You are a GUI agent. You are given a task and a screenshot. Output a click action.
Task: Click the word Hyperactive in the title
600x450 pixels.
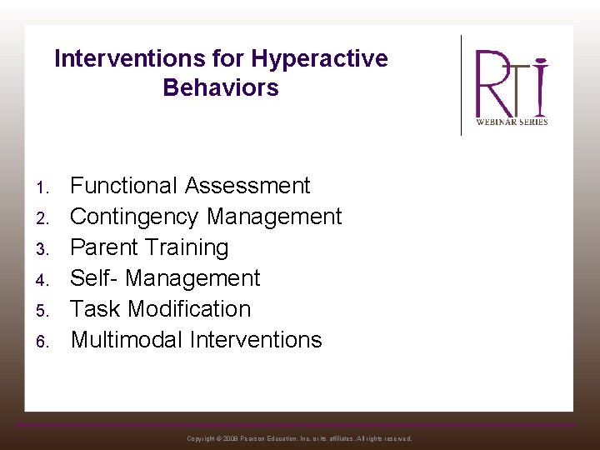pyautogui.click(x=319, y=59)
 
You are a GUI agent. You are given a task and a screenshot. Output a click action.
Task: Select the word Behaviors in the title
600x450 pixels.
pyautogui.click(x=221, y=87)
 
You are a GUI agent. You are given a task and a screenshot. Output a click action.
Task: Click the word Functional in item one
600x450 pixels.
pyautogui.click(x=124, y=186)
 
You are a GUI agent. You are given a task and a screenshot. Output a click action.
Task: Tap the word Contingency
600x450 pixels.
pyautogui.click(x=135, y=217)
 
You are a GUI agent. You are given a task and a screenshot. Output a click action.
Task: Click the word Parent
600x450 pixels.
pyautogui.click(x=104, y=247)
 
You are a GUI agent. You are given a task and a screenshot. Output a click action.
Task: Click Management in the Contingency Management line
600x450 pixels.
pyautogui.click(x=274, y=217)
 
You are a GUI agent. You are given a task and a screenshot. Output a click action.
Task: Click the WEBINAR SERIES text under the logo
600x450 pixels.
pyautogui.click(x=512, y=122)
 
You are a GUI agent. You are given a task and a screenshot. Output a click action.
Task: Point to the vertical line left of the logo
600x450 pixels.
pyautogui.click(x=462, y=85)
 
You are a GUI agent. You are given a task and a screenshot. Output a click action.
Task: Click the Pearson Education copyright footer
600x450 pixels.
pyautogui.click(x=299, y=438)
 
